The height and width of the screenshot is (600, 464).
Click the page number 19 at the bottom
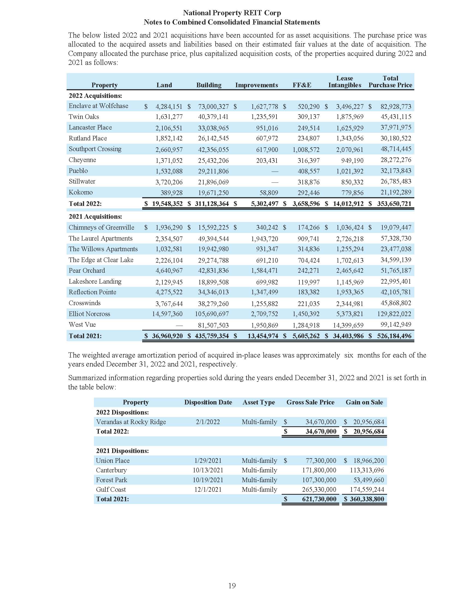232,586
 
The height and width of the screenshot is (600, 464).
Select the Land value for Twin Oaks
169,117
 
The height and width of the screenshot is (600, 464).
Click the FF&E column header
302,85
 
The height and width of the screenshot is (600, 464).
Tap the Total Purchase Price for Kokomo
395,192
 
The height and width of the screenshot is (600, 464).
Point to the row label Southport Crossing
95,149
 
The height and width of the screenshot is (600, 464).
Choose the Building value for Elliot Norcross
212,314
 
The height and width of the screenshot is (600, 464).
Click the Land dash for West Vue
179,325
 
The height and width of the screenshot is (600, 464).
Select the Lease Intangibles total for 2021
348,336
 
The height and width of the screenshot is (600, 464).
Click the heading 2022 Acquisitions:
95,96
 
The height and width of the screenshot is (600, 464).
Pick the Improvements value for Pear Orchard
264,271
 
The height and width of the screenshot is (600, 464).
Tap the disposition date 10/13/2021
208,470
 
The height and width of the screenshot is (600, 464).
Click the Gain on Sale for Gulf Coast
367,489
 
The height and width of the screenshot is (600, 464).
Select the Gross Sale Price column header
310,402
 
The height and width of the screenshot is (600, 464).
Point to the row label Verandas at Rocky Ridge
131,422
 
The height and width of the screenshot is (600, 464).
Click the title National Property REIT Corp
232,13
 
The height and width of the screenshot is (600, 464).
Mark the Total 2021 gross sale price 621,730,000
319,499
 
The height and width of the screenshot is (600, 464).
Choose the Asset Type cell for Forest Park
259,480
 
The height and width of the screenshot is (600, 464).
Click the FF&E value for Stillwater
309,182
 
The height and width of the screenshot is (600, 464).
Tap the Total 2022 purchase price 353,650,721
394,203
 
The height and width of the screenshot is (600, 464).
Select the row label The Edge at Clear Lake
101,260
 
